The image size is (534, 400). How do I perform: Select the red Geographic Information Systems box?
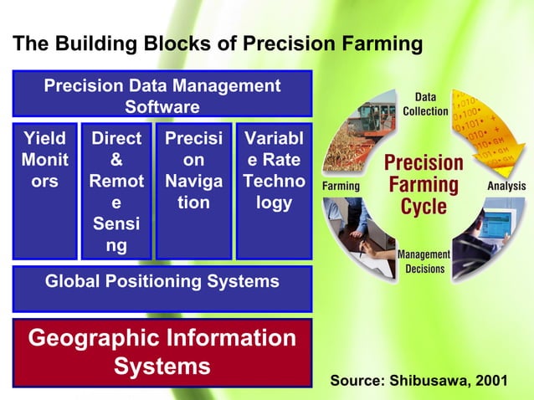coord(162,351)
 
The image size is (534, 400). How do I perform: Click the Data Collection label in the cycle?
coord(425,105)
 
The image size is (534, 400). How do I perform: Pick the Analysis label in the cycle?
coord(506,186)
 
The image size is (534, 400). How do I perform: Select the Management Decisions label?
coord(425,261)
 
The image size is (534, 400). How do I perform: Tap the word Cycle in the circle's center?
coord(424,207)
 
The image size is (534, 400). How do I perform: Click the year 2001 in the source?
coord(490,381)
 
